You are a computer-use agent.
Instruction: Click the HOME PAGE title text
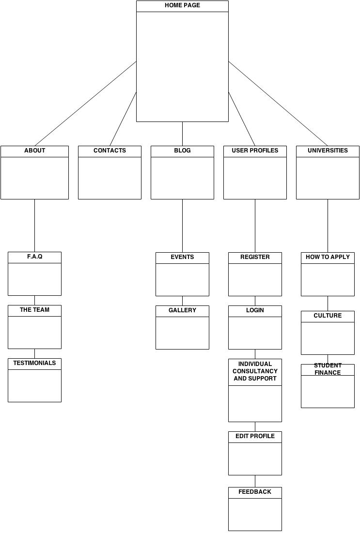click(182, 5)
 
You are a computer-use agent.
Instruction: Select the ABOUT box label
click(35, 151)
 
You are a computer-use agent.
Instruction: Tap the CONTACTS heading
click(110, 151)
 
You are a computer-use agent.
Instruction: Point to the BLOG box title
click(182, 151)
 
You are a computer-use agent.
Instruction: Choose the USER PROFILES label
click(255, 151)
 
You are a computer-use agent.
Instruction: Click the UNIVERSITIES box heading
click(328, 151)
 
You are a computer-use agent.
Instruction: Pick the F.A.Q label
click(35, 257)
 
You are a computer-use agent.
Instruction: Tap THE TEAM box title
click(35, 310)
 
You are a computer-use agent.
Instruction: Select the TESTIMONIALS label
click(35, 363)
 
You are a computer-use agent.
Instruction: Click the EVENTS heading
click(182, 257)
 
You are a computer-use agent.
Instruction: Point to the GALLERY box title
click(182, 310)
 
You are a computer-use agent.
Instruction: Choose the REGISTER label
click(255, 257)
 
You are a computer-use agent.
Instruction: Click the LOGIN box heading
click(255, 310)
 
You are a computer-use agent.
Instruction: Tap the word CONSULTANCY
click(255, 371)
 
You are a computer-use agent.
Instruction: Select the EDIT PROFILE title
click(255, 436)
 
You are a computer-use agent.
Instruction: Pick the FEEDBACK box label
click(255, 492)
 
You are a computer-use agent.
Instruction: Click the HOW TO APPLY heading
click(328, 257)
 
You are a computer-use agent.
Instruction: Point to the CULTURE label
click(328, 316)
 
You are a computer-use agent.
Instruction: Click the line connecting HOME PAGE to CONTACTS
click(123, 119)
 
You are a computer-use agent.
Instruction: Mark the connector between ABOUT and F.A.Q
click(35, 226)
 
